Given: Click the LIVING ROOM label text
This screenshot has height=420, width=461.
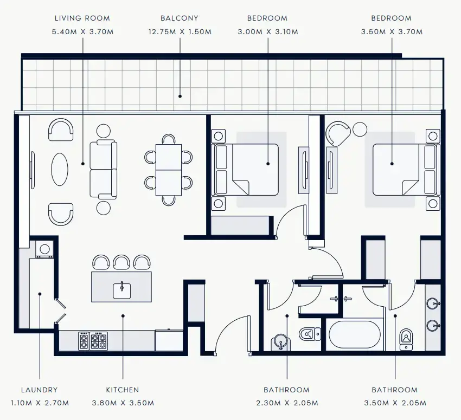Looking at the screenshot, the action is point(82,18).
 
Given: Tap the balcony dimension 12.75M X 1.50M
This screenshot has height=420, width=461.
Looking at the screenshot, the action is point(180,32).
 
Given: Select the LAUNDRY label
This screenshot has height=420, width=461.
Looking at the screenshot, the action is point(40,390).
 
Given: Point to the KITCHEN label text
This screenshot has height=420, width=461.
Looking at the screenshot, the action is point(123,390).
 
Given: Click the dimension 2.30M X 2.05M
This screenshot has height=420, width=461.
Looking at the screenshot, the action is point(287,403).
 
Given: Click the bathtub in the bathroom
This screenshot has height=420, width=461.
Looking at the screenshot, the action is point(355,334).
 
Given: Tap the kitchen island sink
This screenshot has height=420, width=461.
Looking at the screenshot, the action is point(122,290).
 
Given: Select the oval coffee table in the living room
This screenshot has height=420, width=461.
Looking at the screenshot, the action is point(60,170).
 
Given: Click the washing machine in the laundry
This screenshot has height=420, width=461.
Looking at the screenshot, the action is point(44,249).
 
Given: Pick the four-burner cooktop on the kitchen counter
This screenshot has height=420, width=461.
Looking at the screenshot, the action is point(99,341).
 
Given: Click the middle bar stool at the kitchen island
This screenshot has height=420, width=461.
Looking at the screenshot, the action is point(121,262).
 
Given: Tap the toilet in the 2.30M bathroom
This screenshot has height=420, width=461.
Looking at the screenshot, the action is point(310,334).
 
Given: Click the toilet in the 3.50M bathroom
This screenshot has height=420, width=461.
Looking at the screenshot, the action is point(406,340).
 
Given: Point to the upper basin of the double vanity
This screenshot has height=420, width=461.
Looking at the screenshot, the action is point(433,303).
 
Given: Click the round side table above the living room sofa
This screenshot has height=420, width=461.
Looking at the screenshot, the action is point(104,131).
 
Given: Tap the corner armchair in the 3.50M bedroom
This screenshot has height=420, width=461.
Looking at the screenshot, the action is point(338,134).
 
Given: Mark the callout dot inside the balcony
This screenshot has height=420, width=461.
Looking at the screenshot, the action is point(180,96).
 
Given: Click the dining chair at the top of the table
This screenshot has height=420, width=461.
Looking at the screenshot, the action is point(169,139).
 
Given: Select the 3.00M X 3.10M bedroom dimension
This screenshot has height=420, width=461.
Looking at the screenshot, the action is point(268,32).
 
